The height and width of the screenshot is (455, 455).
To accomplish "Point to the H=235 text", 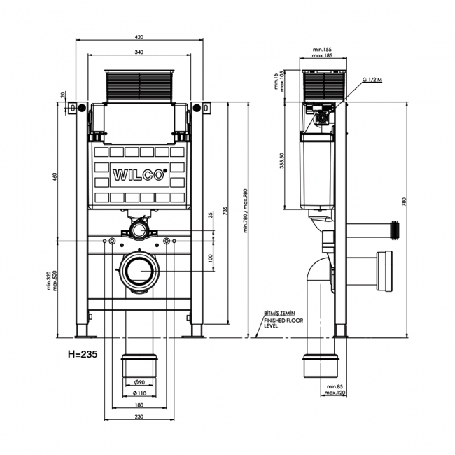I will [x=81, y=354].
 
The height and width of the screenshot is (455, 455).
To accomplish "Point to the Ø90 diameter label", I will [x=139, y=381].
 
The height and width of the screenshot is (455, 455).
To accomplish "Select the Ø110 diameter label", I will [x=139, y=393].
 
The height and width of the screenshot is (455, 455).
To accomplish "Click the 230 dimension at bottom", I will [x=139, y=416].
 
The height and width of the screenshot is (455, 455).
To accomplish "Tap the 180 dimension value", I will [x=139, y=405].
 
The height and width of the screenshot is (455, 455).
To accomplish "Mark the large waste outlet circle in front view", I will [x=140, y=271].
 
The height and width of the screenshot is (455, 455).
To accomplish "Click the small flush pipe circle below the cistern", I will [x=140, y=229].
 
